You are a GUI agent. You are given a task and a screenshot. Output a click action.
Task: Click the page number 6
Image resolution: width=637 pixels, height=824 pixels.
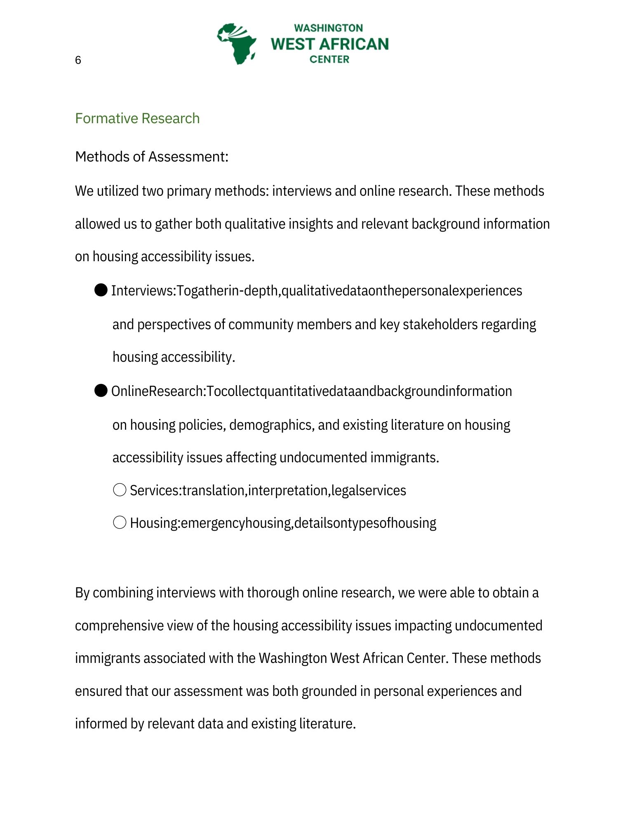78,60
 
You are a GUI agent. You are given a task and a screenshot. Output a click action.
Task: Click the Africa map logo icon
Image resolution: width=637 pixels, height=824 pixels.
237,44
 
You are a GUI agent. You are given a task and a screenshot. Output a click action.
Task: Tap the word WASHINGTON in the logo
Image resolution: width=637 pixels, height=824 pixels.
328,28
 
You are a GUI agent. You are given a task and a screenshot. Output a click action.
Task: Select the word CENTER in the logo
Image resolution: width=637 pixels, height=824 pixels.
329,59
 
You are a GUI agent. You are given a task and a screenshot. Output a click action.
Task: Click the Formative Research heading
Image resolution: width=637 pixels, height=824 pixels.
137,118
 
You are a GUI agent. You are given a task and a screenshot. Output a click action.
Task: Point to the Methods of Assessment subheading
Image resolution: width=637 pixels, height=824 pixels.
151,157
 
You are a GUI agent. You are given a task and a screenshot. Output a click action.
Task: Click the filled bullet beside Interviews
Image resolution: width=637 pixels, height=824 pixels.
101,290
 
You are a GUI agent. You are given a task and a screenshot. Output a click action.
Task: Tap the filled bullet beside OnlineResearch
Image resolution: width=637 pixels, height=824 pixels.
101,391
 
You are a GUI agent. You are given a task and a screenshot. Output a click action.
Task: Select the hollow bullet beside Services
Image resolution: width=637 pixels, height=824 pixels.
120,490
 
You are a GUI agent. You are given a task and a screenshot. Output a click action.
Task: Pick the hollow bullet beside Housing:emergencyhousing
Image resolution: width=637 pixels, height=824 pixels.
120,522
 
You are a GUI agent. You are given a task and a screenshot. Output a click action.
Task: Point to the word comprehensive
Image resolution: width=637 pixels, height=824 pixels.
119,625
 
